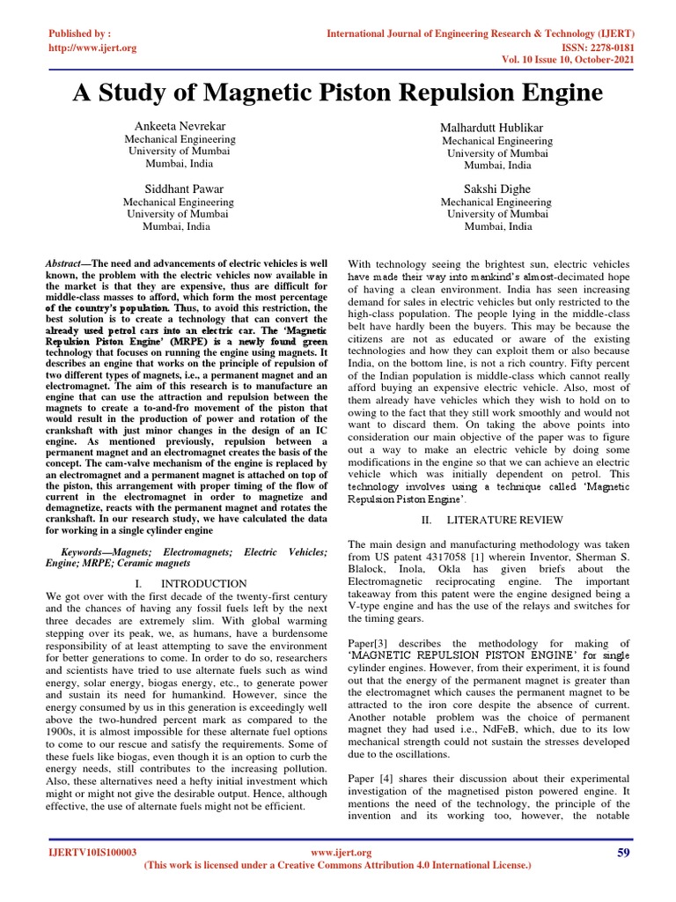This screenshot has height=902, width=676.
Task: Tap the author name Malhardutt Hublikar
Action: click(497, 129)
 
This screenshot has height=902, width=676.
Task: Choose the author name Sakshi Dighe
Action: click(497, 189)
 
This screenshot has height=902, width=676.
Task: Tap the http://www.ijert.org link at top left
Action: click(92, 48)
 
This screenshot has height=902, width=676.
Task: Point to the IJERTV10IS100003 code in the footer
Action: click(92, 853)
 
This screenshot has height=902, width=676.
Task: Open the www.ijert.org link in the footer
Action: click(342, 853)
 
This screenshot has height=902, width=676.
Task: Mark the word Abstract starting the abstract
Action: click(61, 263)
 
